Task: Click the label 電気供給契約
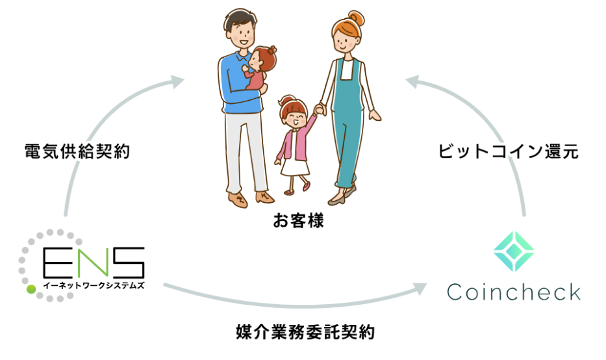(77, 151)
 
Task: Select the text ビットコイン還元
(508, 151)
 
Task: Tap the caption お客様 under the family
(298, 220)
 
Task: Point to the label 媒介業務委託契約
(305, 332)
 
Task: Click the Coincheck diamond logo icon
(514, 251)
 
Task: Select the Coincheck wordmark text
(514, 292)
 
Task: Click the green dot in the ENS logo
(31, 289)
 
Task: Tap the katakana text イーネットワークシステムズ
(94, 286)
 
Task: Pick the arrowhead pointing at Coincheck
(420, 289)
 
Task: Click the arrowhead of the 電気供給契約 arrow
(177, 81)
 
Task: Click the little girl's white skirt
(295, 167)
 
